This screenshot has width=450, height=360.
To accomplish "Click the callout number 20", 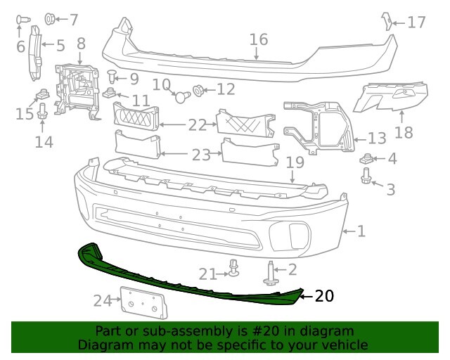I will click(324, 296).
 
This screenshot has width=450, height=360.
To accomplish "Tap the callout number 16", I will click(258, 39).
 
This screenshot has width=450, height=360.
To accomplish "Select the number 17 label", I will click(416, 22).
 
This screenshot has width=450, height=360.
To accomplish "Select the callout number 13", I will click(377, 139).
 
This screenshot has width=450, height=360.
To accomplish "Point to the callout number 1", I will click(361, 231).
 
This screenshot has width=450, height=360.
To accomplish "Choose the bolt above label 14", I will click(41, 110).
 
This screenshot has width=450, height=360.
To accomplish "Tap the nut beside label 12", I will click(198, 89).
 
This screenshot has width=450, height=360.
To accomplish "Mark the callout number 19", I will click(294, 163).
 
